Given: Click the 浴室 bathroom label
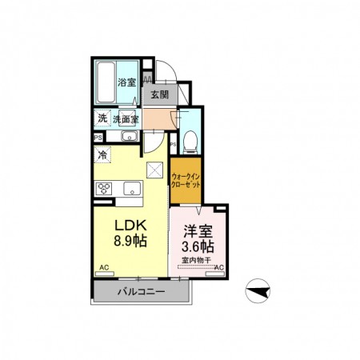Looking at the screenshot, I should point(127,82).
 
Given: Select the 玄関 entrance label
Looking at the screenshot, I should point(159,94).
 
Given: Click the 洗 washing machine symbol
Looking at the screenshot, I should point(102,119).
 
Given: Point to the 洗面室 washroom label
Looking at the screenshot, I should point(125,119).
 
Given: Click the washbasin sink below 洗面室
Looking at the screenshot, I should point(127,138).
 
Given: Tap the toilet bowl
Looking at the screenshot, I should point(189,143).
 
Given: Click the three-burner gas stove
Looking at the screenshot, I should point(106,189).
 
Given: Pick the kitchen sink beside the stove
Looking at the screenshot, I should point(131,189).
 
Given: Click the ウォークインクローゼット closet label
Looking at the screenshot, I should point(186,179).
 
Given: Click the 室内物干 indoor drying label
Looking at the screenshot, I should point(197,259).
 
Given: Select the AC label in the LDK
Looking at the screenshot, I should point(104,267).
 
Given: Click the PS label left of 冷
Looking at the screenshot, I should point(97,137).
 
